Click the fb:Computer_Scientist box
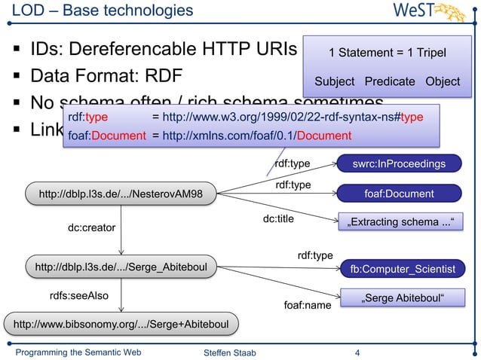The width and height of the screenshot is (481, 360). click(403, 268)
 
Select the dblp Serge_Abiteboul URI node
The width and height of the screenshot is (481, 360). click(121, 266)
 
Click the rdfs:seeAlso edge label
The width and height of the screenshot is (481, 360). click(78, 296)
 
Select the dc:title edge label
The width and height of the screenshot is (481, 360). click(278, 219)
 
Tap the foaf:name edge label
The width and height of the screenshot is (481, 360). click(307, 306)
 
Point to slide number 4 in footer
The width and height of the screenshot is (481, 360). click(357, 351)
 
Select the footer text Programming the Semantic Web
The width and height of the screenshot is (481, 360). click(78, 351)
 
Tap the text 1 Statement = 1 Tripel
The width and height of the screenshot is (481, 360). click(387, 53)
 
